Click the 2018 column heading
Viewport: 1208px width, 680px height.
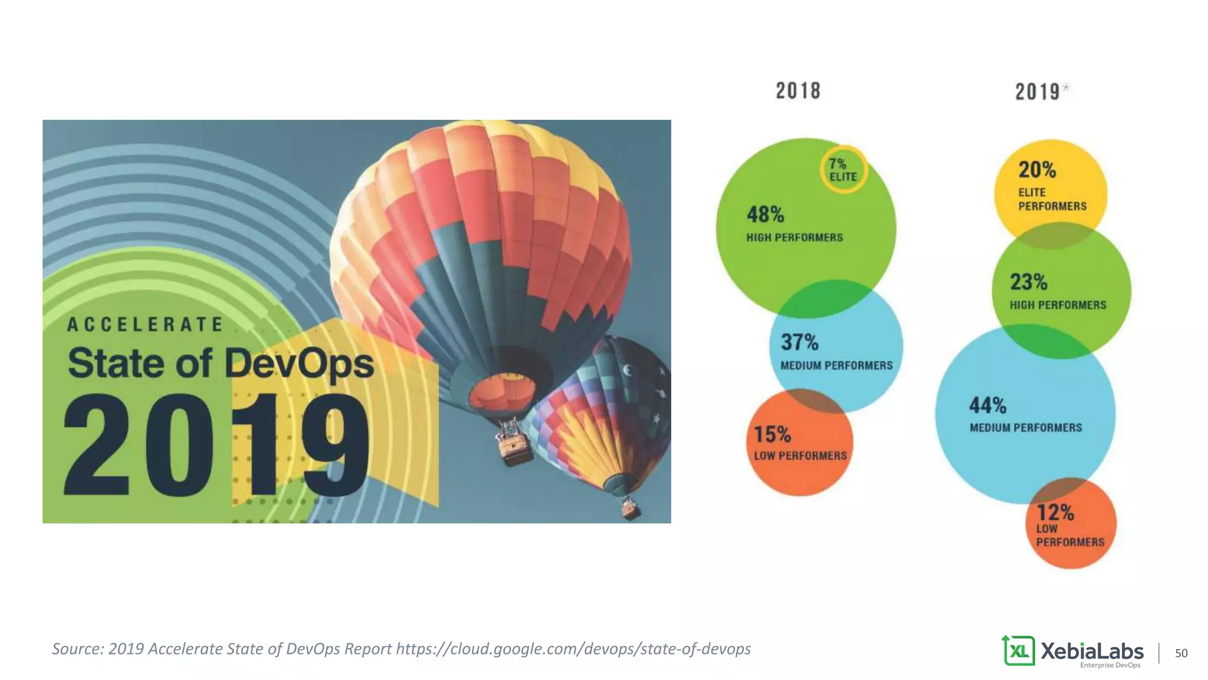point(797,91)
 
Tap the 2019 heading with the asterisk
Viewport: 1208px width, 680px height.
point(1041,91)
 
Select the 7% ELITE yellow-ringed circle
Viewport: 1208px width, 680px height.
point(843,170)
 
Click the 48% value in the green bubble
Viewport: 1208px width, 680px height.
point(765,214)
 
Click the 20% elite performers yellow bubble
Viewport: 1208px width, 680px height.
point(1050,186)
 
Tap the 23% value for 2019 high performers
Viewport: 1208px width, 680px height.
point(1028,282)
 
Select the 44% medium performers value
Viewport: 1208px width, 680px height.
point(987,406)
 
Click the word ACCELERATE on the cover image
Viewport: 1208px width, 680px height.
point(145,325)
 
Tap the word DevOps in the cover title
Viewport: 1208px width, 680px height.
point(299,363)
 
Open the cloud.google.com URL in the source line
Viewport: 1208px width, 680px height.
point(573,649)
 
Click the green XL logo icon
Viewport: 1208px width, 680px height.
point(1018,650)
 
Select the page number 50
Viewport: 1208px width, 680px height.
point(1181,653)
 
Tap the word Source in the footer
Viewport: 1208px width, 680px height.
point(77,649)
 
